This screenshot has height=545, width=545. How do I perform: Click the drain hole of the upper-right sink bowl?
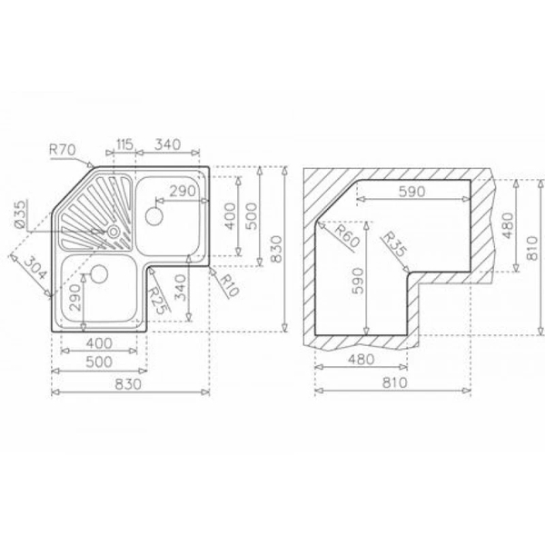coord(154,217)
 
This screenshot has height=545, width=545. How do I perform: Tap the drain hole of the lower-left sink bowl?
coord(98,272)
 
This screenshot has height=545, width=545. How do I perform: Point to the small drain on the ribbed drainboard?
coord(114,233)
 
